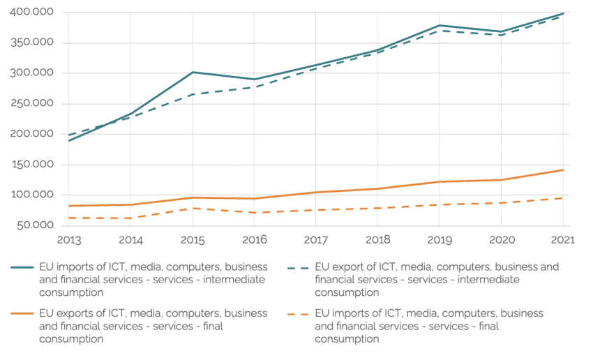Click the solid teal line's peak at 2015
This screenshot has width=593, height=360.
click(x=193, y=72)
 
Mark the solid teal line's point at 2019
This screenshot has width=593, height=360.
click(x=439, y=25)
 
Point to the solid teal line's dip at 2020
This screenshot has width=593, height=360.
click(x=501, y=31)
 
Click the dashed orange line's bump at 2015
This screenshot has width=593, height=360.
click(x=193, y=208)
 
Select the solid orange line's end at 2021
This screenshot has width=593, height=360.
click(x=563, y=170)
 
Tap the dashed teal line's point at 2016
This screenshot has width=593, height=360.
click(x=254, y=87)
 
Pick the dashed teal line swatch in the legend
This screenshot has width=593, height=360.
click(x=296, y=267)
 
